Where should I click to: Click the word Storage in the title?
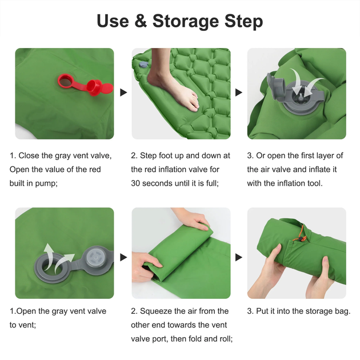click(186, 21)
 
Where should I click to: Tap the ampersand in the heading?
click(140, 21)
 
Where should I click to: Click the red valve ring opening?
click(65, 81)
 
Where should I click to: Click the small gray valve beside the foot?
click(143, 64)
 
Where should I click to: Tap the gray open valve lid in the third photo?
click(275, 86)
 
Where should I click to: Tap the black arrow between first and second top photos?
click(123, 93)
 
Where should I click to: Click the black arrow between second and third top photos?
click(239, 93)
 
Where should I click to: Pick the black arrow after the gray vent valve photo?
click(123, 257)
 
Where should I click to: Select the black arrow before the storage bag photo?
click(239, 257)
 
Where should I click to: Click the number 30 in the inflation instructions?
click(135, 183)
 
